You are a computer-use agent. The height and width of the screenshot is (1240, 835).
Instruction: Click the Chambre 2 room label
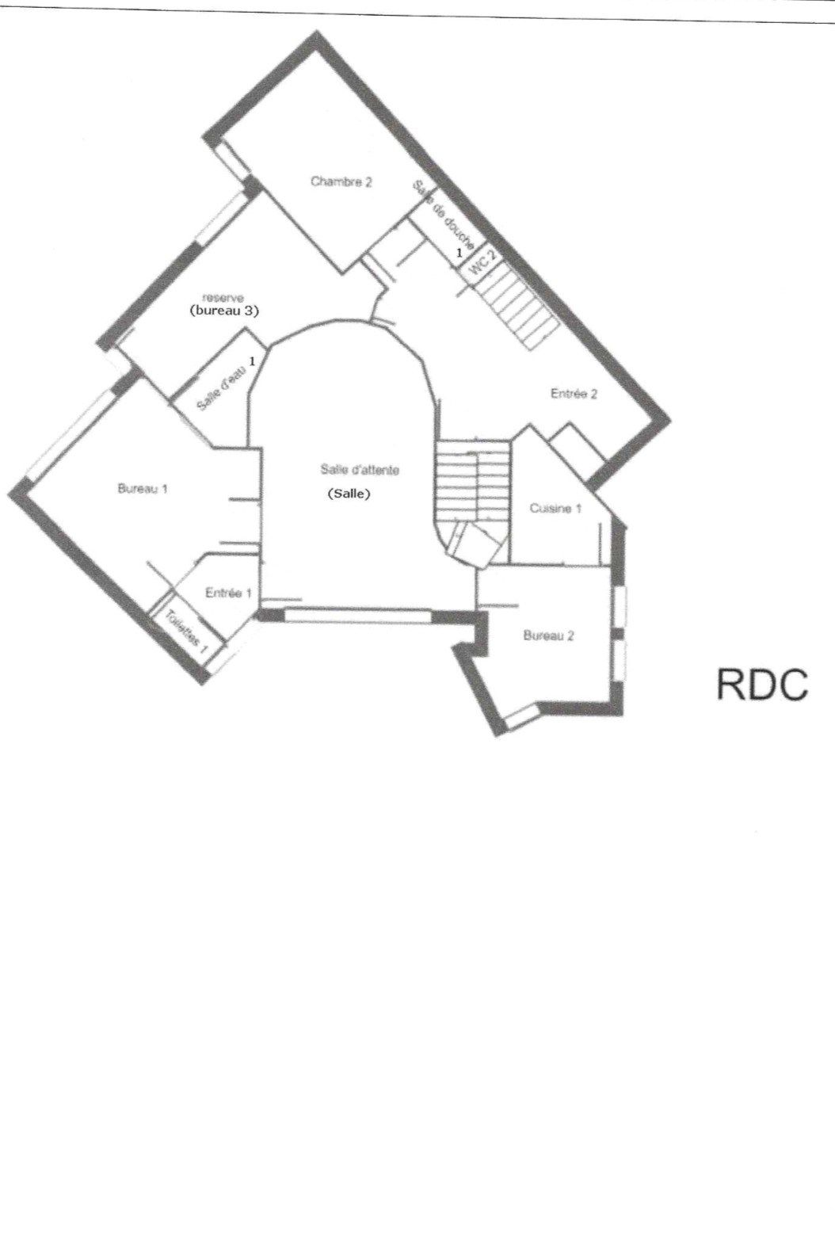pyautogui.click(x=341, y=182)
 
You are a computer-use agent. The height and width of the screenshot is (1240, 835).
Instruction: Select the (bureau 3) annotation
pyautogui.click(x=224, y=311)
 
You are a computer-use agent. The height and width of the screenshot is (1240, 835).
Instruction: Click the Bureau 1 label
pyautogui.click(x=143, y=489)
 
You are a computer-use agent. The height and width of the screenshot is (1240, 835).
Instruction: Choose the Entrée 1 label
pyautogui.click(x=228, y=593)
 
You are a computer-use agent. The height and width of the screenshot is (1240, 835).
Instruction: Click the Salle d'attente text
pyautogui.click(x=355, y=470)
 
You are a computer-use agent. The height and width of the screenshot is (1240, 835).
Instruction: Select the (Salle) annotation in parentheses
pyautogui.click(x=349, y=494)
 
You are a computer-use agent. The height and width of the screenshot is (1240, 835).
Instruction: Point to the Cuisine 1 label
pyautogui.click(x=555, y=509)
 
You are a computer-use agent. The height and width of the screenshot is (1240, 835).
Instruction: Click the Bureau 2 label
pyautogui.click(x=548, y=635)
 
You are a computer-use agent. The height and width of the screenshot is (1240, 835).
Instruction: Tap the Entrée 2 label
pyautogui.click(x=574, y=394)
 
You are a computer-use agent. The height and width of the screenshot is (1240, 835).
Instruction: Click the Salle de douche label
pyautogui.click(x=443, y=216)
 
